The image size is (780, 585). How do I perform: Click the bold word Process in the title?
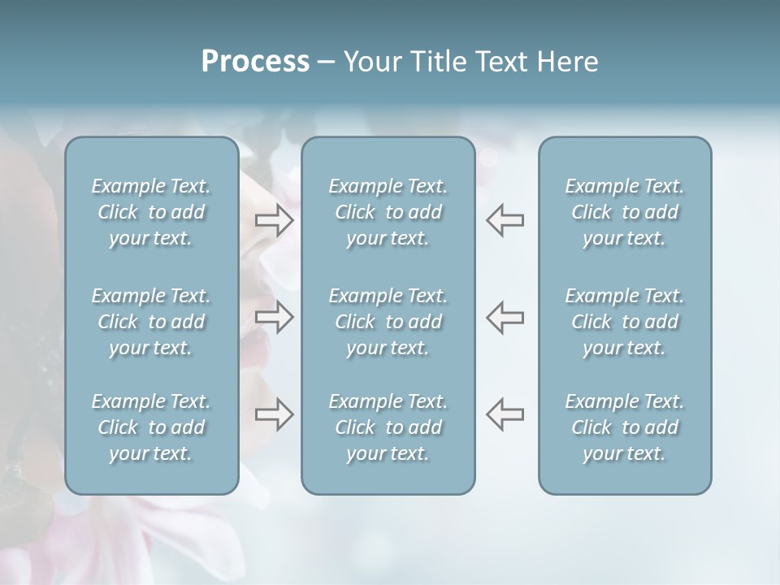[x=255, y=62]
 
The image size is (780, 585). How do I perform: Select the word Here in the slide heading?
[x=568, y=62]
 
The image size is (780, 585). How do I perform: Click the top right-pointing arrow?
[x=275, y=220]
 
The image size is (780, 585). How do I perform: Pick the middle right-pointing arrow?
[x=275, y=317]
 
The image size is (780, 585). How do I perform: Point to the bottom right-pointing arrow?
[x=275, y=414]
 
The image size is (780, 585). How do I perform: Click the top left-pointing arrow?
[x=505, y=220]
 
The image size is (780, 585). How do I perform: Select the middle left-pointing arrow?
[x=505, y=317]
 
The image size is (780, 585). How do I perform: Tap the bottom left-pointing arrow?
[x=505, y=414]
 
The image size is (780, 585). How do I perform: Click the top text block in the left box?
[x=151, y=212]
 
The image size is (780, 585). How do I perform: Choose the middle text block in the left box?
[x=151, y=322]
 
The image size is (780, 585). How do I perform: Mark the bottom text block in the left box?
[x=151, y=427]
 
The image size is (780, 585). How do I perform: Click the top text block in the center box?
[x=388, y=212]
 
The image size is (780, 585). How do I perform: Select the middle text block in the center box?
[x=388, y=322]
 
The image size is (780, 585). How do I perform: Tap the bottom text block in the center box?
[x=388, y=427]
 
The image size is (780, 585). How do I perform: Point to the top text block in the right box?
[x=625, y=212]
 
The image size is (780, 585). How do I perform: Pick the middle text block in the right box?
[x=625, y=322]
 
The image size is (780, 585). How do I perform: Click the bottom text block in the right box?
[x=625, y=427]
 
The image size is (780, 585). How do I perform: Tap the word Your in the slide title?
[x=370, y=62]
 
